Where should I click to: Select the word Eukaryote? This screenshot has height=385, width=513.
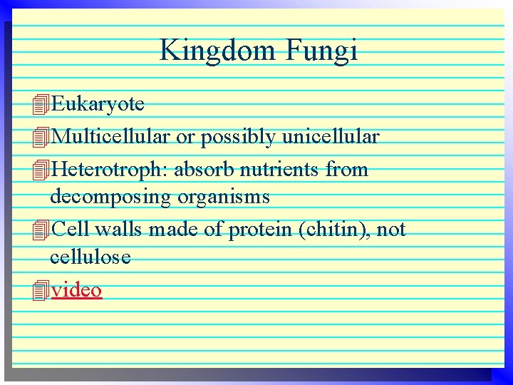click(x=98, y=105)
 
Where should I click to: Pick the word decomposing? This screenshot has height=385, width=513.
click(x=110, y=196)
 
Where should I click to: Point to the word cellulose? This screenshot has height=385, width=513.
click(x=90, y=257)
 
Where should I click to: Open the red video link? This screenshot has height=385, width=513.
click(x=76, y=289)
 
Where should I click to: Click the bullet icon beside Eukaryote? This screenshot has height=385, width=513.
click(x=41, y=106)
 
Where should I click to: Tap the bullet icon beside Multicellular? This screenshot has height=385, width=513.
click(x=41, y=137)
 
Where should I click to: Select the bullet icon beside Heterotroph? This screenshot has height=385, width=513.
click(x=41, y=170)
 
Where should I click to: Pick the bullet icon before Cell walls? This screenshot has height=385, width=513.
click(x=41, y=230)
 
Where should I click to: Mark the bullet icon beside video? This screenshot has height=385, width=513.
click(x=41, y=290)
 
